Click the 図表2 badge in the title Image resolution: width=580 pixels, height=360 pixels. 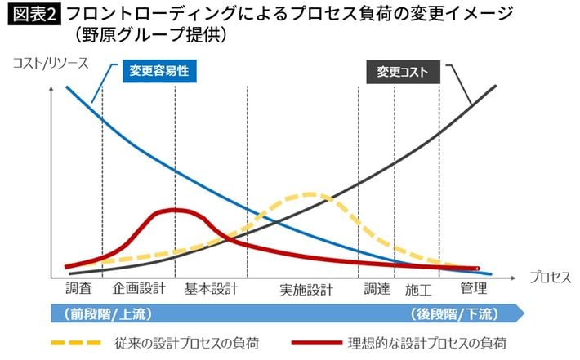[33, 14]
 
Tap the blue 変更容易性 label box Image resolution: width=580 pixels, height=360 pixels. [159, 71]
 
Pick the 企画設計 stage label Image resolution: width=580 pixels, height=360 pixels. [140, 288]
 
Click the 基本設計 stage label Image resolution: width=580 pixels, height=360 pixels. [211, 288]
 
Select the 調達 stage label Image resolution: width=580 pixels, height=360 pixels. [377, 288]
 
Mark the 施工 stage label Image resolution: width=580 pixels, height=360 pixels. [417, 289]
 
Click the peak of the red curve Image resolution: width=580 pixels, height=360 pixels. [174, 210]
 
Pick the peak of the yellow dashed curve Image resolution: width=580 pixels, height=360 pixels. [310, 194]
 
